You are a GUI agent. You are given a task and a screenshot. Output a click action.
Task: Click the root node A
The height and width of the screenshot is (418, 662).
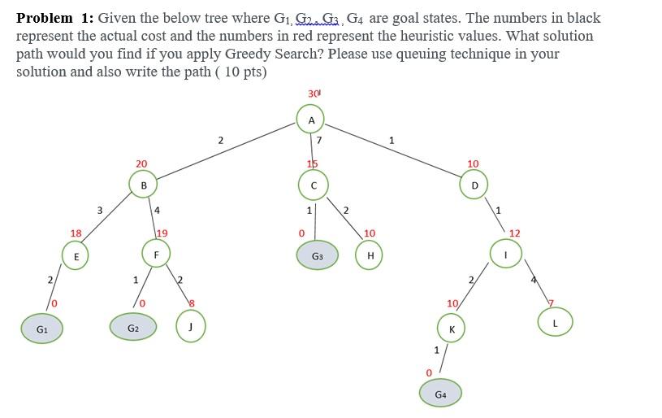[311, 120]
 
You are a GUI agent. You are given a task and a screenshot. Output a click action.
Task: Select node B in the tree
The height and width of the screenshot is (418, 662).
[144, 185]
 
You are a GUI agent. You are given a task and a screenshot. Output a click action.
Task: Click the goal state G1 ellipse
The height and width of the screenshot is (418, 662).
[42, 329]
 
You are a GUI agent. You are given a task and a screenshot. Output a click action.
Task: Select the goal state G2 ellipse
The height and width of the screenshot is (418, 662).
[133, 328]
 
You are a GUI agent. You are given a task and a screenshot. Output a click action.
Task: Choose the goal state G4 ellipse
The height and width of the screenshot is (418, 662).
[440, 394]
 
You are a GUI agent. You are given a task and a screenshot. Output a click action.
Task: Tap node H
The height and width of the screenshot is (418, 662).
[370, 255]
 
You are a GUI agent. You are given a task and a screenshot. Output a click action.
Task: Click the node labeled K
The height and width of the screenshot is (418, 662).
[452, 329]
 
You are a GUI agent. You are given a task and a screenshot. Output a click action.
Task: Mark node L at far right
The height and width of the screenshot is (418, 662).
[556, 322]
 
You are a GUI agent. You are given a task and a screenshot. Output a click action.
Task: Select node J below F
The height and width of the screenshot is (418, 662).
[190, 328]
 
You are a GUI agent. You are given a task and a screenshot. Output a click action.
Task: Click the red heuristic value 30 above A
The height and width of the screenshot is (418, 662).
[314, 94]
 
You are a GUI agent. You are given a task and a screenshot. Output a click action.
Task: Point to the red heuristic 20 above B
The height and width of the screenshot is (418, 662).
[141, 163]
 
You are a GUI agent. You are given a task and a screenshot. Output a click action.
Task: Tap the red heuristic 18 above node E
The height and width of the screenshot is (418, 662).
[76, 233]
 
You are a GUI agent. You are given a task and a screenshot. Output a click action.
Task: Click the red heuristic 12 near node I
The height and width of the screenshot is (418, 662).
[514, 233]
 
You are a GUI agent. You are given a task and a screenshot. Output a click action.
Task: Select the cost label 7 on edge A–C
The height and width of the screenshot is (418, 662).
[319, 140]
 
